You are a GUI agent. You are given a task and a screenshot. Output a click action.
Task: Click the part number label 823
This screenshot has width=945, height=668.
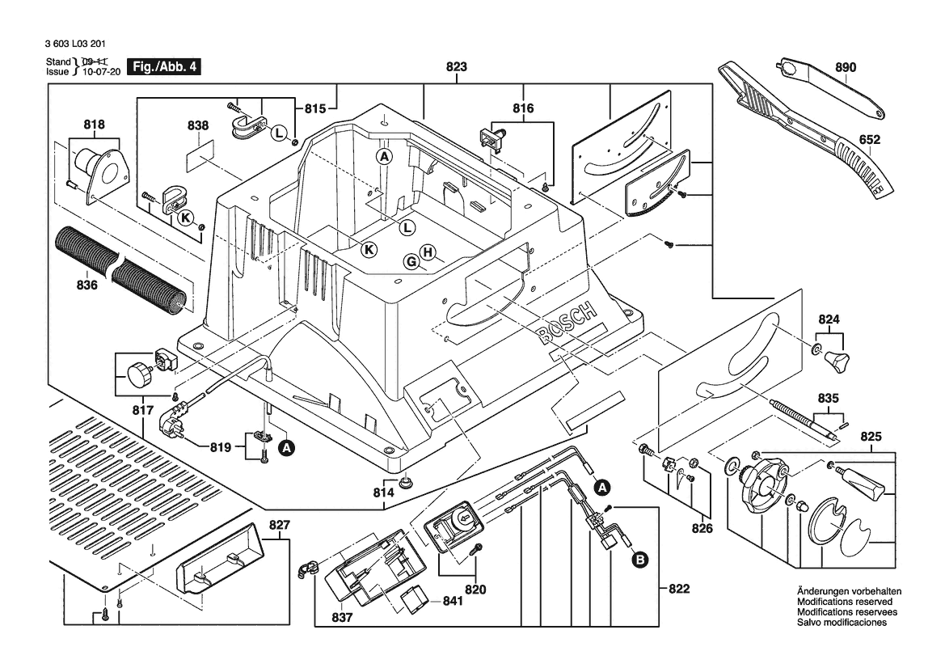(456, 70)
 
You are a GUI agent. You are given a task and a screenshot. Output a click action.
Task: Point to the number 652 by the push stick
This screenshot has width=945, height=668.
(870, 139)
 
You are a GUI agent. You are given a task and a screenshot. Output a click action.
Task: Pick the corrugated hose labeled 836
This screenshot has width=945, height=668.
(121, 267)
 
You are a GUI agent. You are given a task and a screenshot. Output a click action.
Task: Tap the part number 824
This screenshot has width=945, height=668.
(829, 319)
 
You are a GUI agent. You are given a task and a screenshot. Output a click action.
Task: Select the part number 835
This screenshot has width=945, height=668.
(829, 399)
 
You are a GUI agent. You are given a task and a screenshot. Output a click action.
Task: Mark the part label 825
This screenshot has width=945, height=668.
(871, 437)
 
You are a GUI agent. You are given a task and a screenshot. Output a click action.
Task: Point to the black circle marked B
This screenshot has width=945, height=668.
(639, 559)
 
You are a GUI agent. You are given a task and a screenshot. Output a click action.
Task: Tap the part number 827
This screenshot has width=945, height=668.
(279, 525)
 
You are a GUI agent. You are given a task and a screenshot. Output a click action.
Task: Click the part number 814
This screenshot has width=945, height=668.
(383, 493)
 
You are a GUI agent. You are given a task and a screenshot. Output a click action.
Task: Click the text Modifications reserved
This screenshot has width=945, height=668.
(845, 602)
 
